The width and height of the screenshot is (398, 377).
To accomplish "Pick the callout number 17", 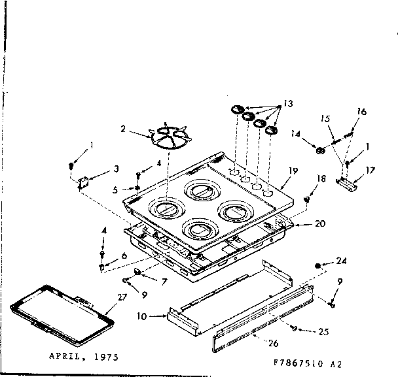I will (370, 171).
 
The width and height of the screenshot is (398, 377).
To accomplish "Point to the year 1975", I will (105, 357).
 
